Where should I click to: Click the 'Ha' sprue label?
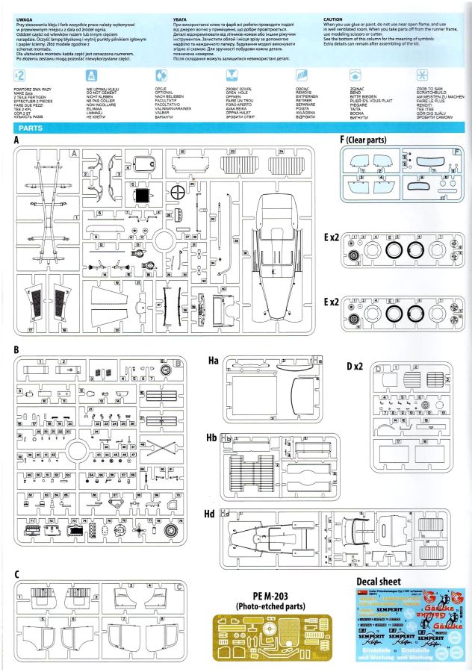(x=214, y=361)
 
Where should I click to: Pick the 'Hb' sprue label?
(x=214, y=437)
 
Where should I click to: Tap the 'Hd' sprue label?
(x=214, y=513)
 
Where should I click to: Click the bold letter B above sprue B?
(x=16, y=349)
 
